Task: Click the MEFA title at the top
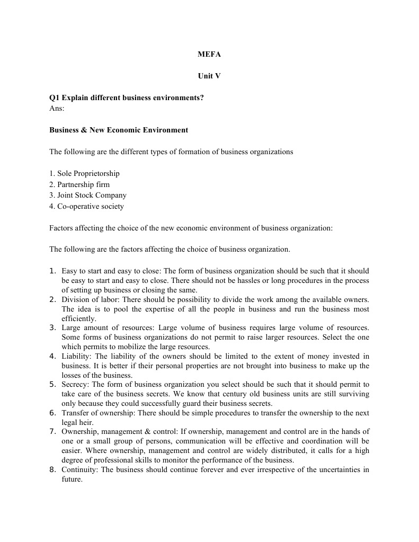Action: pos(209,55)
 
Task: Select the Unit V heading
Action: pos(209,76)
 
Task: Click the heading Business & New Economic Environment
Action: pos(119,130)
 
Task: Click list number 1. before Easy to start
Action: pos(53,271)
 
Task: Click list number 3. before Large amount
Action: pos(53,328)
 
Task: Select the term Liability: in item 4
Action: pos(76,357)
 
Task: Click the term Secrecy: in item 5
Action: pos(75,384)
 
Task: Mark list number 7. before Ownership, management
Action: pos(53,431)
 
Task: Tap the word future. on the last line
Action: pos(72,479)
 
